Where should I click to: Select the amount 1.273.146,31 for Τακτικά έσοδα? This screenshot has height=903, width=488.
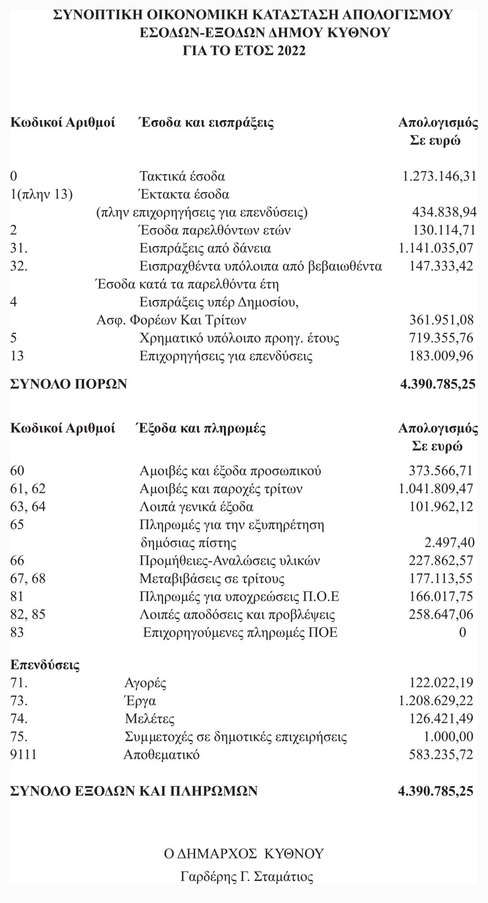tap(439, 176)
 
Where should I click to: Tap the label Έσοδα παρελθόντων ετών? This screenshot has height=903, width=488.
tap(214, 230)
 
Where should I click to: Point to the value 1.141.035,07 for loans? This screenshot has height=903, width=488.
tap(436, 248)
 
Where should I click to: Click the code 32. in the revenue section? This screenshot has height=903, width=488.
tap(19, 266)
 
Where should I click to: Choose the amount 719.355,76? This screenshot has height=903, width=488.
tap(441, 338)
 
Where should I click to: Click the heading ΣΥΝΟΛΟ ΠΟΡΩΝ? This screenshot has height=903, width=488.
tap(69, 384)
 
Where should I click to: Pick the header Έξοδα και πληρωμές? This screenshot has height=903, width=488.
tap(201, 428)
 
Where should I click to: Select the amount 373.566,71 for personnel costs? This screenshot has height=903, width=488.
tap(441, 471)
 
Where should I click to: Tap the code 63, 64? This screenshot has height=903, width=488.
tap(28, 507)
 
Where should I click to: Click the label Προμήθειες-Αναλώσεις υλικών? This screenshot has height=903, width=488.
tap(230, 561)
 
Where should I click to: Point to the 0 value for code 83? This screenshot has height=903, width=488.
tap(462, 632)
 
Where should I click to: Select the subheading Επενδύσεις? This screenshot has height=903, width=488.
tap(45, 665)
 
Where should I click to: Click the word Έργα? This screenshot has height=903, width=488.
tap(140, 701)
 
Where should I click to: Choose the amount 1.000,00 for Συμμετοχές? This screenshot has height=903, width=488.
tap(449, 737)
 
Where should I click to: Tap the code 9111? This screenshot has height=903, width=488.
tap(23, 754)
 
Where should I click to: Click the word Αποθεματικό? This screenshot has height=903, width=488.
tap(161, 754)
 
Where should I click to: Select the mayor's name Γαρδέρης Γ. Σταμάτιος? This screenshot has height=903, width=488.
tap(246, 877)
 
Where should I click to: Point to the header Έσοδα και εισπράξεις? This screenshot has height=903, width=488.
tap(206, 122)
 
